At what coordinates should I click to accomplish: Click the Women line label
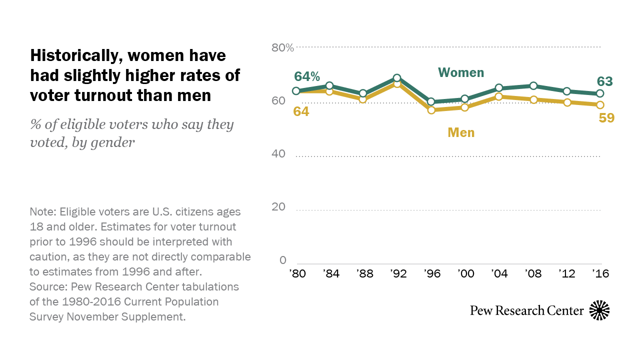pos(461,72)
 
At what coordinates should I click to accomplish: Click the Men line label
pos(461,132)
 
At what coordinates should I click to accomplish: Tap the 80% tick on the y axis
pos(282,48)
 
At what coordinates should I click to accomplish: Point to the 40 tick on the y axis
pos(278,154)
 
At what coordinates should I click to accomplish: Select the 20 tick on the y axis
pos(278,207)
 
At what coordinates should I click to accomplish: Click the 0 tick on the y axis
pos(282,260)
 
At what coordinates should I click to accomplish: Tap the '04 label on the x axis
pos(499,274)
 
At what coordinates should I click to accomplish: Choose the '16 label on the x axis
pos(600,274)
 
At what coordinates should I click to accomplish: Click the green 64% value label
pos(306,76)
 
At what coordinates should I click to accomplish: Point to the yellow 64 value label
pos(301,111)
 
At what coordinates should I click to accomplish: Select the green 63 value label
pos(604,81)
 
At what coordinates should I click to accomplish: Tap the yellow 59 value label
pos(606,118)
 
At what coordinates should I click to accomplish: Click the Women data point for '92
pos(397,78)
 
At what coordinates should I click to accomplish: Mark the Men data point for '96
pos(431,110)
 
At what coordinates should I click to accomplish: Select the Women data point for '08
pos(533,86)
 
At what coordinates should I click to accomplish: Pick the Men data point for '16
pos(600,104)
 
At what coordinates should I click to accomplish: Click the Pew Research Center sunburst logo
pos(599,310)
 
